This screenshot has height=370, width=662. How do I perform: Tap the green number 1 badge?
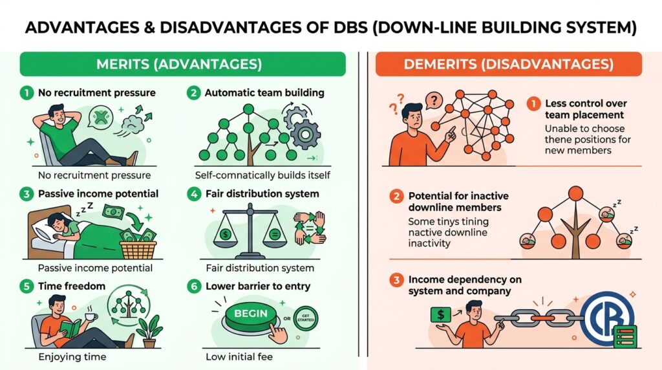pyautogui.click(x=27, y=92)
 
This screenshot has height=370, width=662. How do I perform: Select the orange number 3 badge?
pyautogui.click(x=396, y=279)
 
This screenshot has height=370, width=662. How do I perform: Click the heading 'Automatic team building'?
pyautogui.click(x=264, y=93)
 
